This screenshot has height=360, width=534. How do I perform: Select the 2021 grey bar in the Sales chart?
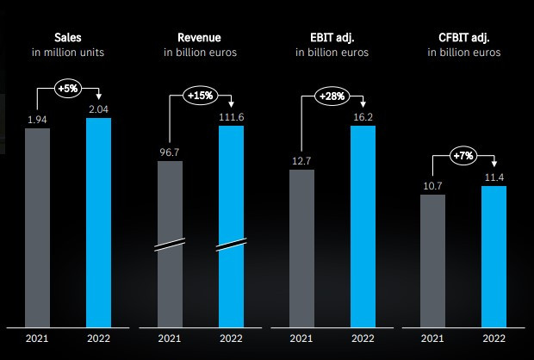tap(37, 228)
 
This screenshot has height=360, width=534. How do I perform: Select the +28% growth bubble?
tap(332, 96)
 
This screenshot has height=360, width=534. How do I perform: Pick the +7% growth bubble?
tap(464, 156)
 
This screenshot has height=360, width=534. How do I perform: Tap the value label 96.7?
tap(170, 152)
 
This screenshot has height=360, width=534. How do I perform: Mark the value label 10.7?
tap(432, 185)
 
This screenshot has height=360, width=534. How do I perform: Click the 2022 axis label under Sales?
tap(98, 339)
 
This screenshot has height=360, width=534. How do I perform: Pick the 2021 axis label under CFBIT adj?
tap(432, 339)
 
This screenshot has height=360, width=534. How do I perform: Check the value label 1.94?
tap(37, 119)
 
